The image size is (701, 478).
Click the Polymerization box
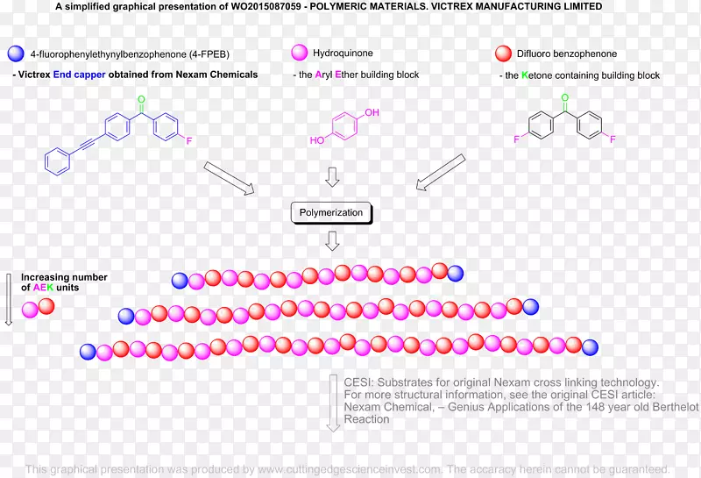(332, 212)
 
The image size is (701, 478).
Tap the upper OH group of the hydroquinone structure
(372, 113)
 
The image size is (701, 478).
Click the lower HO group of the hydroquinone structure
(315, 140)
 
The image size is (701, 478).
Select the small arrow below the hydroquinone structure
(332, 177)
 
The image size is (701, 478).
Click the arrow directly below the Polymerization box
(332, 241)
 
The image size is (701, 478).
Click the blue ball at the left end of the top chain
(181, 281)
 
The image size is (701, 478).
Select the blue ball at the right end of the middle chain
(530, 306)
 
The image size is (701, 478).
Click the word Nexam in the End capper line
(192, 75)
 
